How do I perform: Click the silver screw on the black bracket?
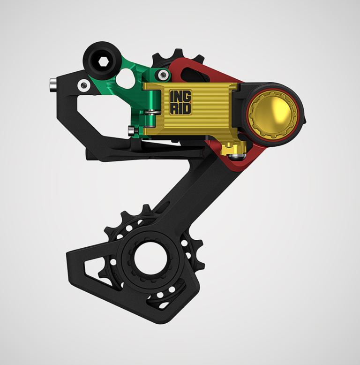pyautogui.click(x=84, y=85)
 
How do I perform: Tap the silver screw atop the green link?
pyautogui.click(x=162, y=74)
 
